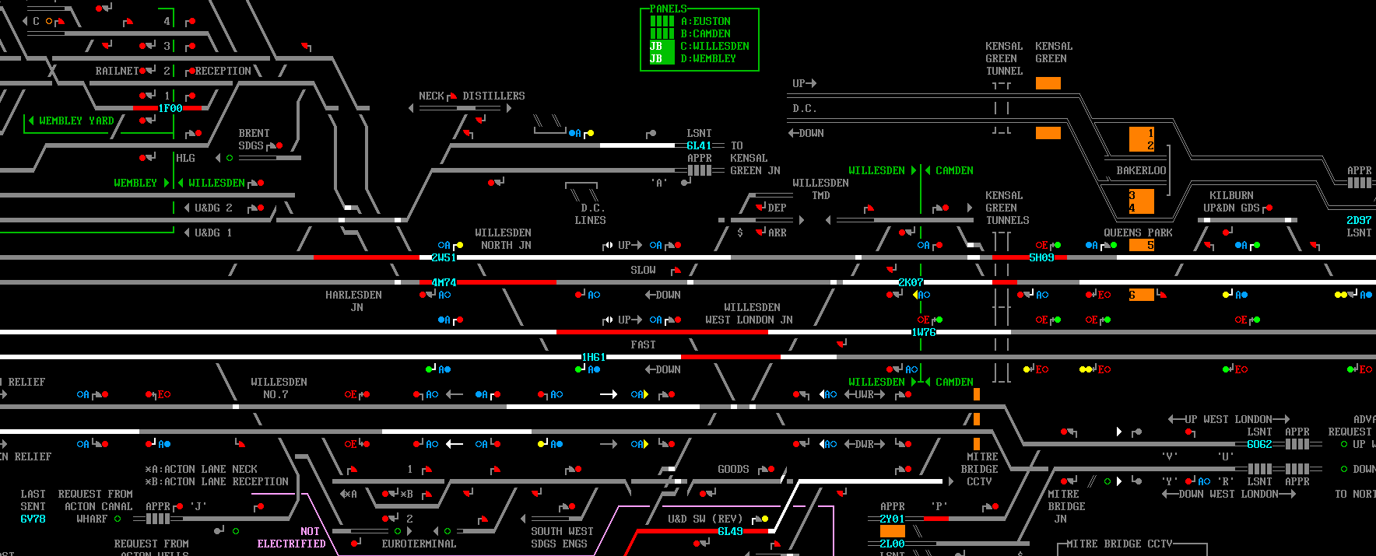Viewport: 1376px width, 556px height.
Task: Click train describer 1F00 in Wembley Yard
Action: tap(170, 108)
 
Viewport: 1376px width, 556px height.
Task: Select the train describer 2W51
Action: tap(444, 257)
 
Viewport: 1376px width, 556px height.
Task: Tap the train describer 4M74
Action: tap(444, 282)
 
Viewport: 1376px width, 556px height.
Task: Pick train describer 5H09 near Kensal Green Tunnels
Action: tap(1041, 257)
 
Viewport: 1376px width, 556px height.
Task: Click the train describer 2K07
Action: tap(911, 282)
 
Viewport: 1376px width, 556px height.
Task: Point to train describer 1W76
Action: tap(924, 332)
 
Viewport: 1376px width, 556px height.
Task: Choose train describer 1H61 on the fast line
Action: tap(593, 357)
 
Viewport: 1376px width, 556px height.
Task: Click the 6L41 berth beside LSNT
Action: tap(699, 145)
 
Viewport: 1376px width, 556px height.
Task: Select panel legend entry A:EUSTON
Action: tap(705, 21)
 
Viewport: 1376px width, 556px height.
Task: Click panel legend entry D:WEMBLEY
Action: tap(708, 58)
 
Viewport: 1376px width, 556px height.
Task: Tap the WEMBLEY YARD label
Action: tap(76, 121)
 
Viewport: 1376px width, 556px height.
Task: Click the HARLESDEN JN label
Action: tap(353, 301)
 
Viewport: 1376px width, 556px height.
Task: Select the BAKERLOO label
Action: tap(1141, 170)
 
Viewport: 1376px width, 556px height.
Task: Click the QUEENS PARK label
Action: tap(1138, 233)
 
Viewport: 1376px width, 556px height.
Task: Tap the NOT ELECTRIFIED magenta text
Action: tap(292, 537)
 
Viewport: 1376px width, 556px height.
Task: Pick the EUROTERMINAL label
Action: tap(419, 544)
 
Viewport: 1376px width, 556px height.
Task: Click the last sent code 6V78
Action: tap(33, 519)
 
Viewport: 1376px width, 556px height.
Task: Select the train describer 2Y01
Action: tap(892, 519)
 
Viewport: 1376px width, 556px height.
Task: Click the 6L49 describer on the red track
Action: tap(730, 531)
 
